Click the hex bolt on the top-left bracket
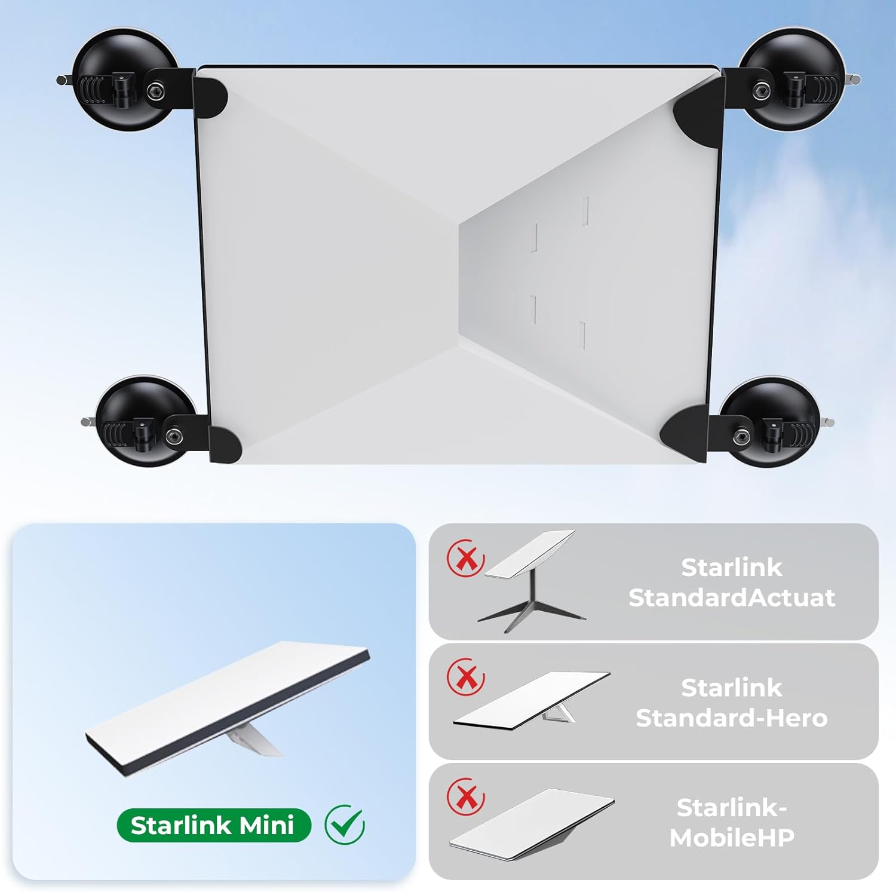coord(155,91)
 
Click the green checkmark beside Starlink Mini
coord(345,824)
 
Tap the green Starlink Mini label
coord(214,825)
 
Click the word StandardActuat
coord(732,597)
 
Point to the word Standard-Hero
coord(732,718)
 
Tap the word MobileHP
coord(732,838)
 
